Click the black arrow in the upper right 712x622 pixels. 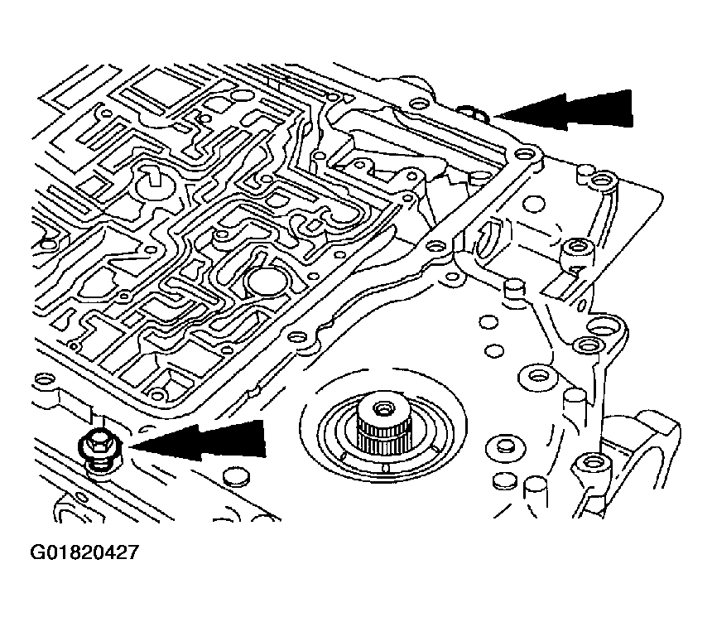point(571,110)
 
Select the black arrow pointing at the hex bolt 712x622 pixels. point(203,439)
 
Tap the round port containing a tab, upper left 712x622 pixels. point(154,181)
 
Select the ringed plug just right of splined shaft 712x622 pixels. point(500,446)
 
